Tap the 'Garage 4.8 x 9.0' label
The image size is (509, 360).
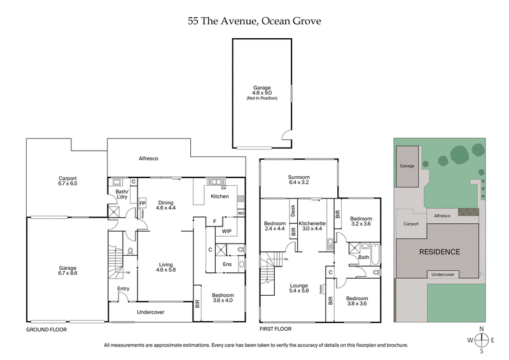(261, 92)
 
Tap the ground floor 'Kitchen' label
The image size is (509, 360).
(220, 197)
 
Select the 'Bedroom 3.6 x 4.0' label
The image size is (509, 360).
(223, 298)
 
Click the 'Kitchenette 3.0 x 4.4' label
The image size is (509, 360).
(312, 227)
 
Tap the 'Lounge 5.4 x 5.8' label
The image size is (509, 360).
(298, 287)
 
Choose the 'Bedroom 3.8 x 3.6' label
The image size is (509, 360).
(357, 301)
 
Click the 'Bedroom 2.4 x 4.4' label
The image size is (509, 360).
(274, 227)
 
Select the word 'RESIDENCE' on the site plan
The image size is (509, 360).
(439, 252)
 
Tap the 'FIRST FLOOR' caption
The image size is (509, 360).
(275, 330)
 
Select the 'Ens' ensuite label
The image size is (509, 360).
(227, 264)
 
